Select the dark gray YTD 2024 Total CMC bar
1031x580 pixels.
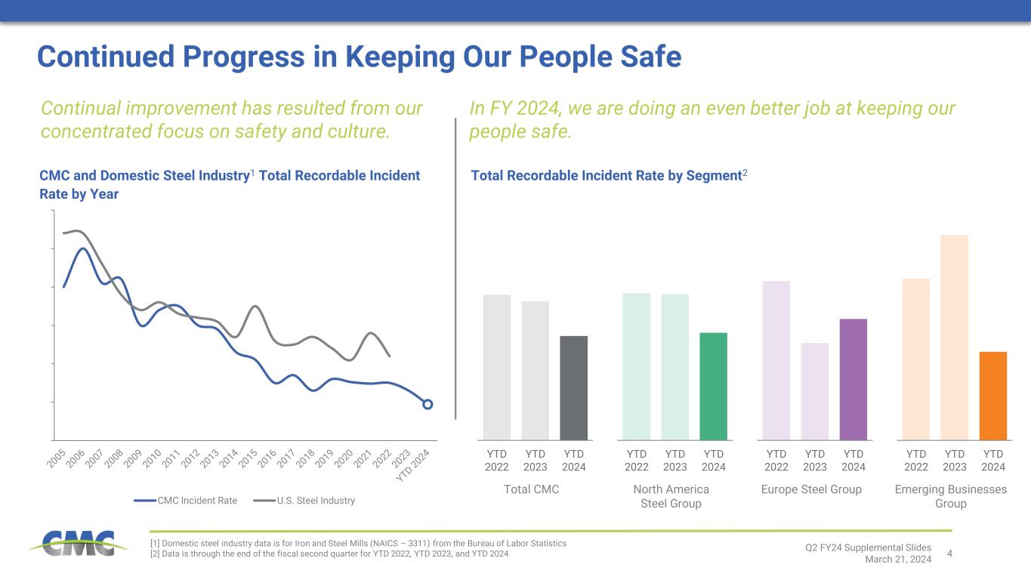click(x=573, y=387)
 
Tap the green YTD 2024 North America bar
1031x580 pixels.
click(x=714, y=386)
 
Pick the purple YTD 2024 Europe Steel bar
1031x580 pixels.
click(x=854, y=379)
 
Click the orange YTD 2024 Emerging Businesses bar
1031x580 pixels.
click(x=992, y=396)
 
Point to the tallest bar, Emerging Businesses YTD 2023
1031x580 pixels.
click(x=954, y=337)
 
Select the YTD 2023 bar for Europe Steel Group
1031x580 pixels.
click(x=814, y=391)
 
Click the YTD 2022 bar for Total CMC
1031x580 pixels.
click(x=496, y=367)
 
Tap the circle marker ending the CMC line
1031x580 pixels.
click(x=428, y=404)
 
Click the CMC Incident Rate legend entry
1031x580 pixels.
click(x=186, y=501)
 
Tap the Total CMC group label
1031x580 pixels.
click(x=532, y=489)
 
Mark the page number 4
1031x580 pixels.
click(x=949, y=554)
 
